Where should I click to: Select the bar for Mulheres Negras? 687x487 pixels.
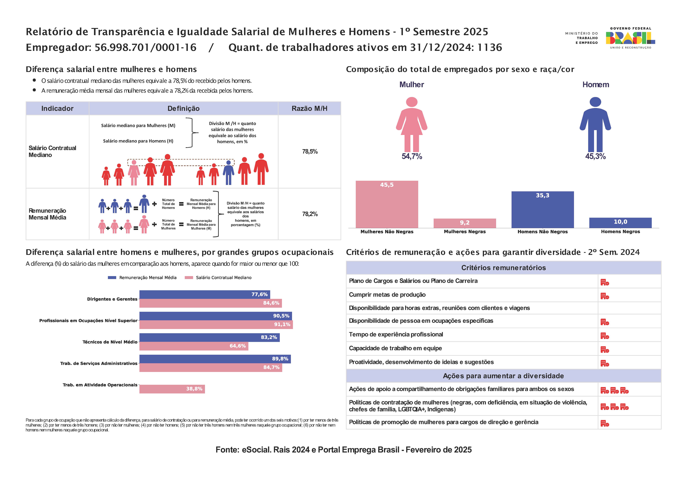[x=465, y=223]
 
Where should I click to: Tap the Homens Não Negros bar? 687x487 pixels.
[x=543, y=210]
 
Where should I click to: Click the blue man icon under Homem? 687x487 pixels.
[x=595, y=124]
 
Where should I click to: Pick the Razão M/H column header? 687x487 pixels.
[x=310, y=109]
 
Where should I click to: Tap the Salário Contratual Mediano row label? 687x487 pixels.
[x=52, y=151]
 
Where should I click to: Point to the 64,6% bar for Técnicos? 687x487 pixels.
[x=194, y=346]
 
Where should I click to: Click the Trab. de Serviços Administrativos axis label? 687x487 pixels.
[x=99, y=363]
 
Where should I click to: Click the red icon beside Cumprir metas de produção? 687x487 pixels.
[x=605, y=296]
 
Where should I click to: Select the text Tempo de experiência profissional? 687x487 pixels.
[x=396, y=334]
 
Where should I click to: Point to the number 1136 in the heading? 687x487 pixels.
[x=490, y=47]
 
